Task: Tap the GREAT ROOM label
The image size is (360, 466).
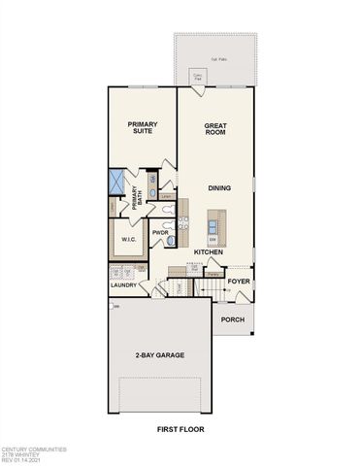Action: (x=214, y=129)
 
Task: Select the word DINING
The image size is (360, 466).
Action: (x=218, y=187)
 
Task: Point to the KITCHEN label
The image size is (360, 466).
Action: (x=209, y=252)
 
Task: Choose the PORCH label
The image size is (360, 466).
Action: (x=232, y=319)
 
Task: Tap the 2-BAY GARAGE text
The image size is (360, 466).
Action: (x=160, y=355)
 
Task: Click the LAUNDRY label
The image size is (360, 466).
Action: (x=122, y=285)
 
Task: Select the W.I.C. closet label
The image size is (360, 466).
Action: (x=126, y=239)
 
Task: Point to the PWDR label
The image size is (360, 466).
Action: (x=160, y=233)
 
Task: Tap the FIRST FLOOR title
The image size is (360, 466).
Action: (x=180, y=429)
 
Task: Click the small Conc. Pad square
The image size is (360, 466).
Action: (x=198, y=75)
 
